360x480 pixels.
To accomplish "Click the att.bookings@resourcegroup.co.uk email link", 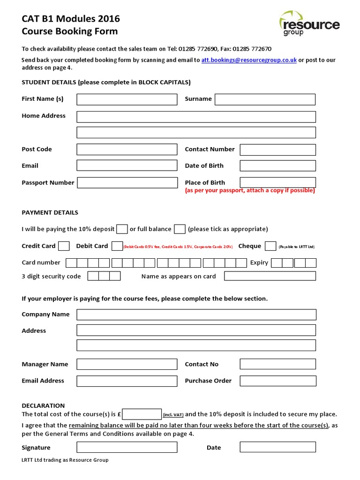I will [249, 60].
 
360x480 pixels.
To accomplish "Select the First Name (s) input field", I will [127, 99].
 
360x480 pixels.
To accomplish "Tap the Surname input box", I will [265, 99].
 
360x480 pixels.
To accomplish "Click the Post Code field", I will [127, 150].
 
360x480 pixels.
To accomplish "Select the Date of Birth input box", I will [277, 166].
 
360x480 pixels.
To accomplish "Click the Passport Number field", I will [127, 183].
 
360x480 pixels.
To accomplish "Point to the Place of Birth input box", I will [277, 182].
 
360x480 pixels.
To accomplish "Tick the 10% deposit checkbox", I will [122, 229].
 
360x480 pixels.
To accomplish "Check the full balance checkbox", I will [180, 229].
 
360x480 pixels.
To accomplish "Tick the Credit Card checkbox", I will [64, 246].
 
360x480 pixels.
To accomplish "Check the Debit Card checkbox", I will [117, 246].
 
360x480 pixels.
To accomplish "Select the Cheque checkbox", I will [270, 246].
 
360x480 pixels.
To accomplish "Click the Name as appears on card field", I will [270, 276].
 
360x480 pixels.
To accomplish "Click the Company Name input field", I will [196, 315].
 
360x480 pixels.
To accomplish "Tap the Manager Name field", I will [127, 364].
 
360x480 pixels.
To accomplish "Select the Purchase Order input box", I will [277, 381].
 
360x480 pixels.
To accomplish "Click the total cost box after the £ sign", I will [142, 414].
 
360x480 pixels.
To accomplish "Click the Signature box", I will [127, 447].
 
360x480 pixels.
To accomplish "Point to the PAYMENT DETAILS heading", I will [50, 213].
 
